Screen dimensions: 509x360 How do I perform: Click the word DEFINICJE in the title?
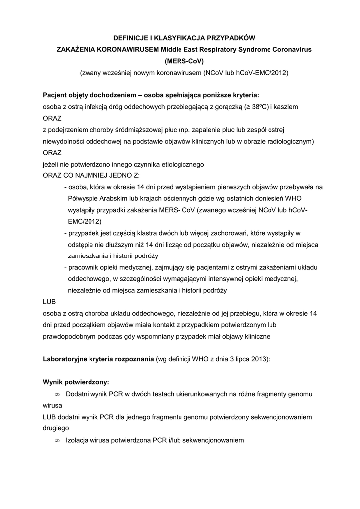tap(131, 38)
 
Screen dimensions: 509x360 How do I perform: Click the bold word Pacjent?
tap(56, 95)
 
